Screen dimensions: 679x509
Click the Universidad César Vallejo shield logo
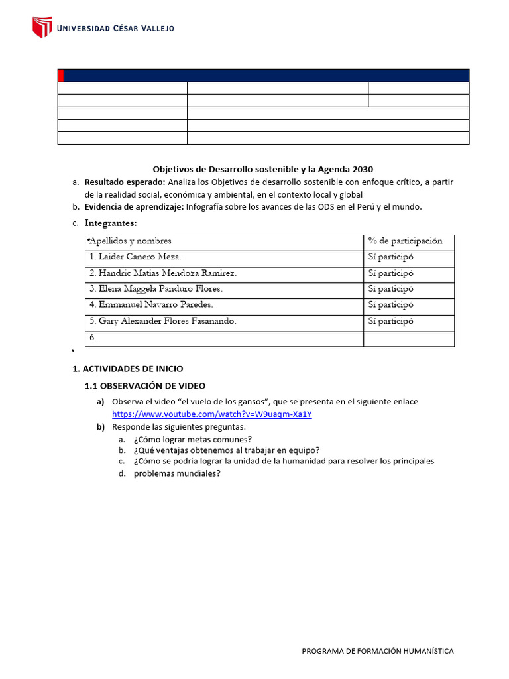pyautogui.click(x=42, y=27)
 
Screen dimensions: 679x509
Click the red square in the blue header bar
pyautogui.click(x=61, y=75)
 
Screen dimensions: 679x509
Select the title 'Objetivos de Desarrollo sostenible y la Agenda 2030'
pyautogui.click(x=268, y=169)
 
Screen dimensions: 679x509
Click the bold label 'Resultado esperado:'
pyautogui.click(x=125, y=182)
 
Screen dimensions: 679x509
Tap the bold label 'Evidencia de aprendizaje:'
pyautogui.click(x=134, y=206)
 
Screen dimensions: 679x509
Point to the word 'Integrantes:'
pyautogui.click(x=111, y=223)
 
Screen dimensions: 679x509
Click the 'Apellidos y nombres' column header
pyautogui.click(x=131, y=241)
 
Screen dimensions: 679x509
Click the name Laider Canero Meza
pyautogui.click(x=135, y=257)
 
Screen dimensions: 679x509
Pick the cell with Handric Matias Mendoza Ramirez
pyautogui.click(x=163, y=273)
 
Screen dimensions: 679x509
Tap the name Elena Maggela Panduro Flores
pyautogui.click(x=156, y=289)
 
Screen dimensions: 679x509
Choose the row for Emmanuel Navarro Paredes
pyautogui.click(x=151, y=305)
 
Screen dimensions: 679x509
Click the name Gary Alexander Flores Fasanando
pyautogui.click(x=163, y=321)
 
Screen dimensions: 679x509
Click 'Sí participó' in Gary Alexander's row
pyautogui.click(x=390, y=321)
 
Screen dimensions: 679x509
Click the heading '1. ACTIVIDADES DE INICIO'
pyautogui.click(x=127, y=369)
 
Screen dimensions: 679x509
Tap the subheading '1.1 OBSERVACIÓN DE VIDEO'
pyautogui.click(x=145, y=385)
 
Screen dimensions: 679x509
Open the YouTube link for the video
pyautogui.click(x=212, y=414)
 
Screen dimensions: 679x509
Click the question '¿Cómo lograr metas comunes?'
pyautogui.click(x=192, y=439)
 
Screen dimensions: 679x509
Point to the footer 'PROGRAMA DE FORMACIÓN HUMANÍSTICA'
pyautogui.click(x=378, y=651)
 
